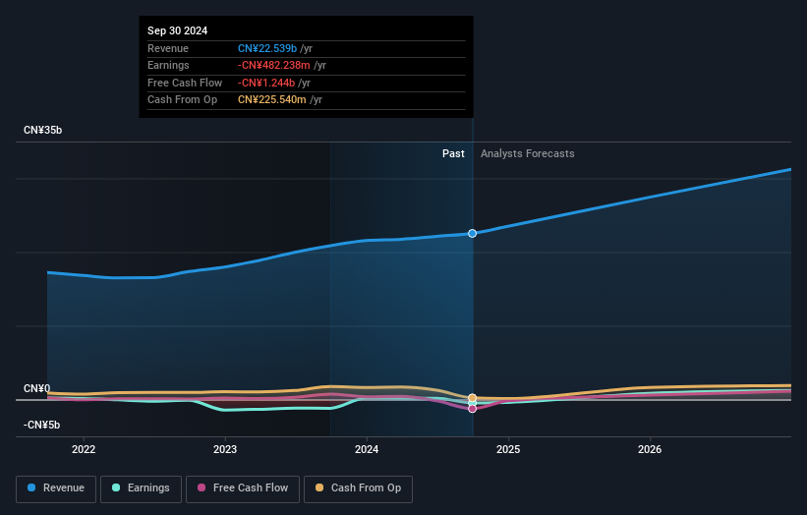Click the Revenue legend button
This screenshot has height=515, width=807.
click(56, 488)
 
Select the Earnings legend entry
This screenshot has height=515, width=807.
click(141, 488)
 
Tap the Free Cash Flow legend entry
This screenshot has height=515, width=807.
click(243, 488)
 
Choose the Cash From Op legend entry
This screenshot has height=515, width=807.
click(359, 488)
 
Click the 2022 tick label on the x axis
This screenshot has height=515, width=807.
click(84, 450)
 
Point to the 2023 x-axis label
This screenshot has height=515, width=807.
click(225, 450)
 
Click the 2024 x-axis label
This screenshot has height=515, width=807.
click(367, 450)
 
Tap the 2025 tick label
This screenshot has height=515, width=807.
click(508, 450)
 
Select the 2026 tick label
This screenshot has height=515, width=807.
click(650, 450)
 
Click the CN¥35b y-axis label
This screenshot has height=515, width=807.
click(43, 130)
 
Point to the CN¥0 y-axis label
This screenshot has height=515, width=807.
click(37, 388)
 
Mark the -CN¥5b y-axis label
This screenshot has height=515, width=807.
click(43, 425)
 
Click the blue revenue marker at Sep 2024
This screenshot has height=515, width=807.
click(473, 233)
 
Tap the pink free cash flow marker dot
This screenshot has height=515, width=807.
click(473, 408)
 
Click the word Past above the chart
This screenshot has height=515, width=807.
click(453, 153)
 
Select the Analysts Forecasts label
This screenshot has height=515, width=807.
click(527, 153)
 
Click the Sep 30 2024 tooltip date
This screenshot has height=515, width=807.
click(178, 31)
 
